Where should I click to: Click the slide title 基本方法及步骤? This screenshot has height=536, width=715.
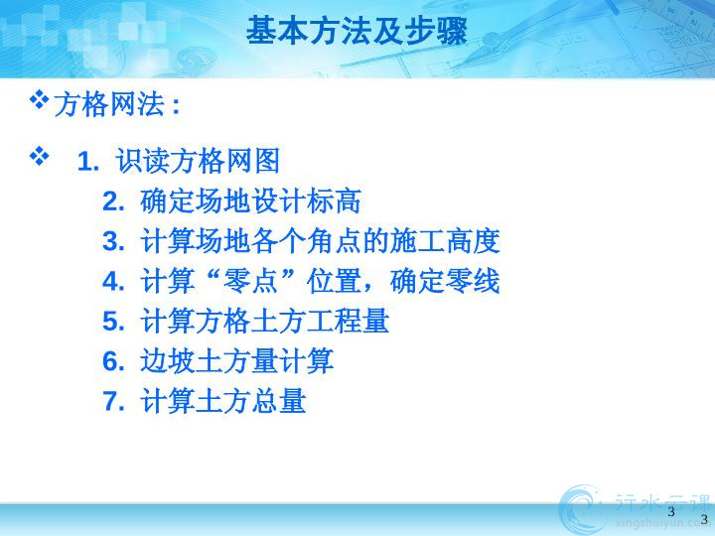click(357, 31)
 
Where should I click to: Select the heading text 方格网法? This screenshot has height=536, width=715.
click(109, 104)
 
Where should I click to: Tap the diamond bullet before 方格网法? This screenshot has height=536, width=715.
click(39, 100)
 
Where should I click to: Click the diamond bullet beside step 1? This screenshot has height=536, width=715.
click(39, 156)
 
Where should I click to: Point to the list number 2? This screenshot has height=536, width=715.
click(113, 201)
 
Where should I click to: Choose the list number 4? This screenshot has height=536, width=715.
click(113, 281)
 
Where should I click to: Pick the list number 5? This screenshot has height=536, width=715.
click(113, 322)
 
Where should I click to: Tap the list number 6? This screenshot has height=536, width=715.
click(113, 361)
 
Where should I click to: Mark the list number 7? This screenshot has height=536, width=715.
click(113, 401)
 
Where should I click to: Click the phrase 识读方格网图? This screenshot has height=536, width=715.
click(198, 161)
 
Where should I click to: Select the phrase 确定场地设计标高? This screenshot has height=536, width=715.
click(250, 201)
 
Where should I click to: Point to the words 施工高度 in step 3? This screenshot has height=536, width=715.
click(445, 241)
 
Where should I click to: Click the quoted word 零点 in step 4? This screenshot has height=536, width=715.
click(250, 281)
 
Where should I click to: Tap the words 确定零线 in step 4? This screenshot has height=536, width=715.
click(445, 281)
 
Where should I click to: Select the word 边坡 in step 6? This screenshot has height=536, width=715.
click(168, 361)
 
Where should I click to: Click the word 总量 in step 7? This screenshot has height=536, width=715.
click(278, 401)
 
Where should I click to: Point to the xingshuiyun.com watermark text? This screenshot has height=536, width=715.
click(664, 524)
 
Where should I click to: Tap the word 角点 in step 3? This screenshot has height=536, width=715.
click(334, 241)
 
